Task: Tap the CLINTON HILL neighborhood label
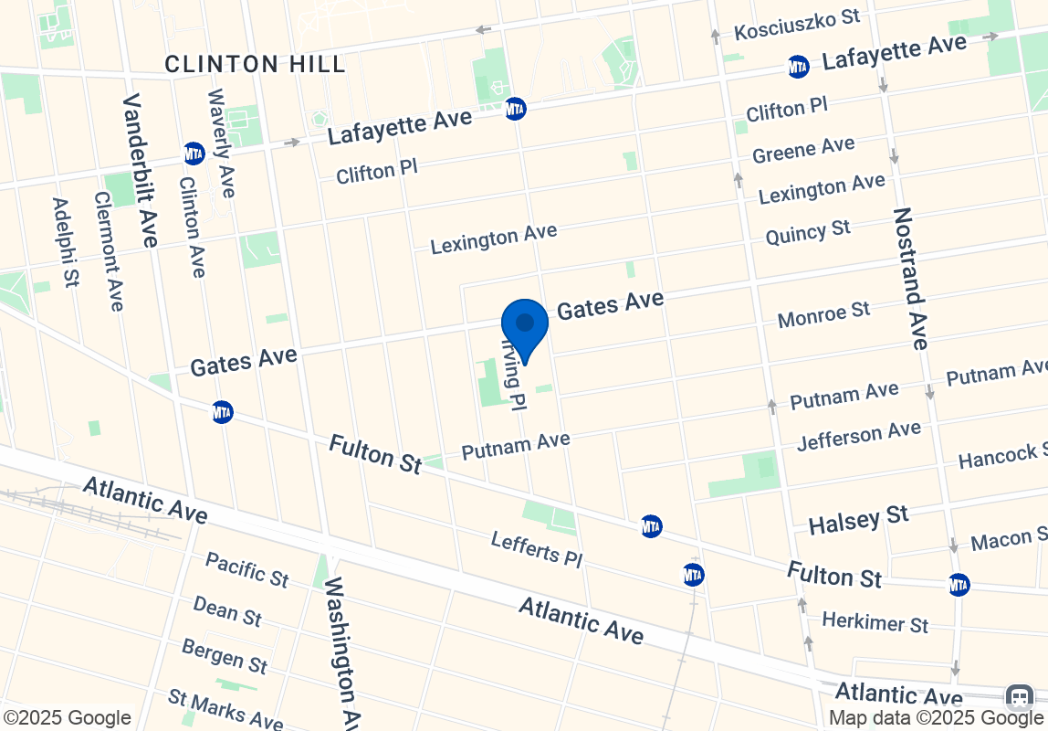256,64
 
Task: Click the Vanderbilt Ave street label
140,170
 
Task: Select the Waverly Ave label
222,143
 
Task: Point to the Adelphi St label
65,242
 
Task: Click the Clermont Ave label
108,250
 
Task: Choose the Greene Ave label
803,149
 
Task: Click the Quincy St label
808,233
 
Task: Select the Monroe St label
823,314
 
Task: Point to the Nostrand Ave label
912,278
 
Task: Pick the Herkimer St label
875,622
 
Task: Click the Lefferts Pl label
536,548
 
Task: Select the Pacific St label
246,568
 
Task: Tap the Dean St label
227,610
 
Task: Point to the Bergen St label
224,654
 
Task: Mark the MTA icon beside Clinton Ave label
194,153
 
